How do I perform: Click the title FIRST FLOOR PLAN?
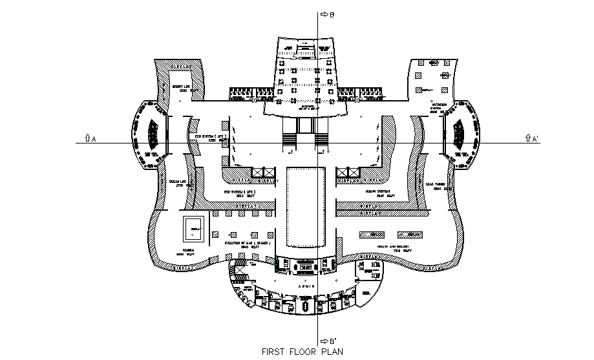[x=302, y=352]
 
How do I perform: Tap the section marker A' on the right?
[x=533, y=138]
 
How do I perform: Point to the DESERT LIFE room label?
[x=180, y=87]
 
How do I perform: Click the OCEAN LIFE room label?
[x=176, y=183]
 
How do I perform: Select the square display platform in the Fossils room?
[x=194, y=228]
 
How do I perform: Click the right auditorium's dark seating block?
[x=459, y=134]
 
